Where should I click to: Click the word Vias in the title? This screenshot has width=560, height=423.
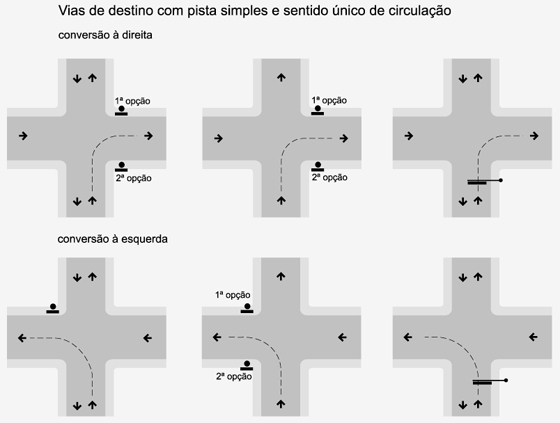click(70, 11)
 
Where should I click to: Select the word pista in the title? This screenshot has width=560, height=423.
click(202, 11)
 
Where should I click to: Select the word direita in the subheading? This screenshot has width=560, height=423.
click(137, 35)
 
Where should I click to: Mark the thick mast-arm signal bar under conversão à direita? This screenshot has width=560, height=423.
click(477, 183)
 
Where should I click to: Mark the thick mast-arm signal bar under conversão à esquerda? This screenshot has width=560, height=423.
click(482, 383)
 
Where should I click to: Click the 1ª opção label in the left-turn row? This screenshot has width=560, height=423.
click(232, 295)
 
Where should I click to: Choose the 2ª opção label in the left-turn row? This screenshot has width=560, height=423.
click(234, 377)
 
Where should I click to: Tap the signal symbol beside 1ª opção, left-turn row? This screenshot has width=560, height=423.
click(247, 308)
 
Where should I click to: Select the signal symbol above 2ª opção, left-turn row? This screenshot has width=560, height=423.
click(247, 365)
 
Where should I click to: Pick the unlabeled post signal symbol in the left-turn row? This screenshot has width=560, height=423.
click(53, 309)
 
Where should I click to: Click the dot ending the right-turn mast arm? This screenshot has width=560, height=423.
click(501, 180)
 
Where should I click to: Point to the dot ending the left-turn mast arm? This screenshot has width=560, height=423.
click(506, 380)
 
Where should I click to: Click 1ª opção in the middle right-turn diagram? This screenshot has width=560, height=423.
click(329, 100)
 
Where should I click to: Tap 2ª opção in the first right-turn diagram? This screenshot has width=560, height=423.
click(134, 178)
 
